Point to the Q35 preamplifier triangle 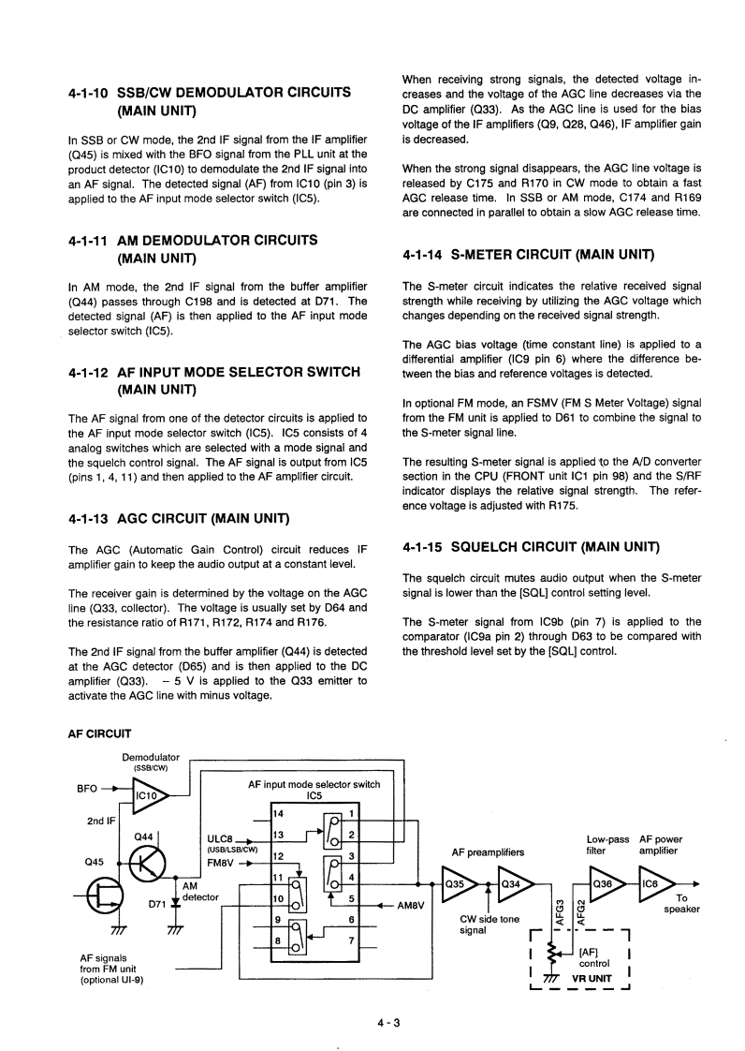[x=460, y=882]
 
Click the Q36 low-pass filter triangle [x=606, y=882]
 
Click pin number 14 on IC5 [x=278, y=813]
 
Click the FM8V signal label [x=221, y=864]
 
